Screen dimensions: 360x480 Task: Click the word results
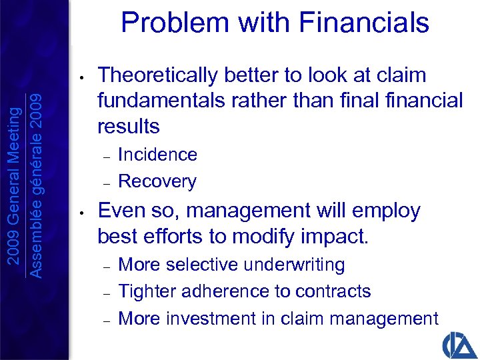[x=129, y=126]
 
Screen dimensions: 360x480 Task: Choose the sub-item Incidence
[x=157, y=155]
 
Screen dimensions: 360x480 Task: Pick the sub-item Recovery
[x=157, y=181]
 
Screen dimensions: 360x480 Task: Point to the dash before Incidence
[x=105, y=155]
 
